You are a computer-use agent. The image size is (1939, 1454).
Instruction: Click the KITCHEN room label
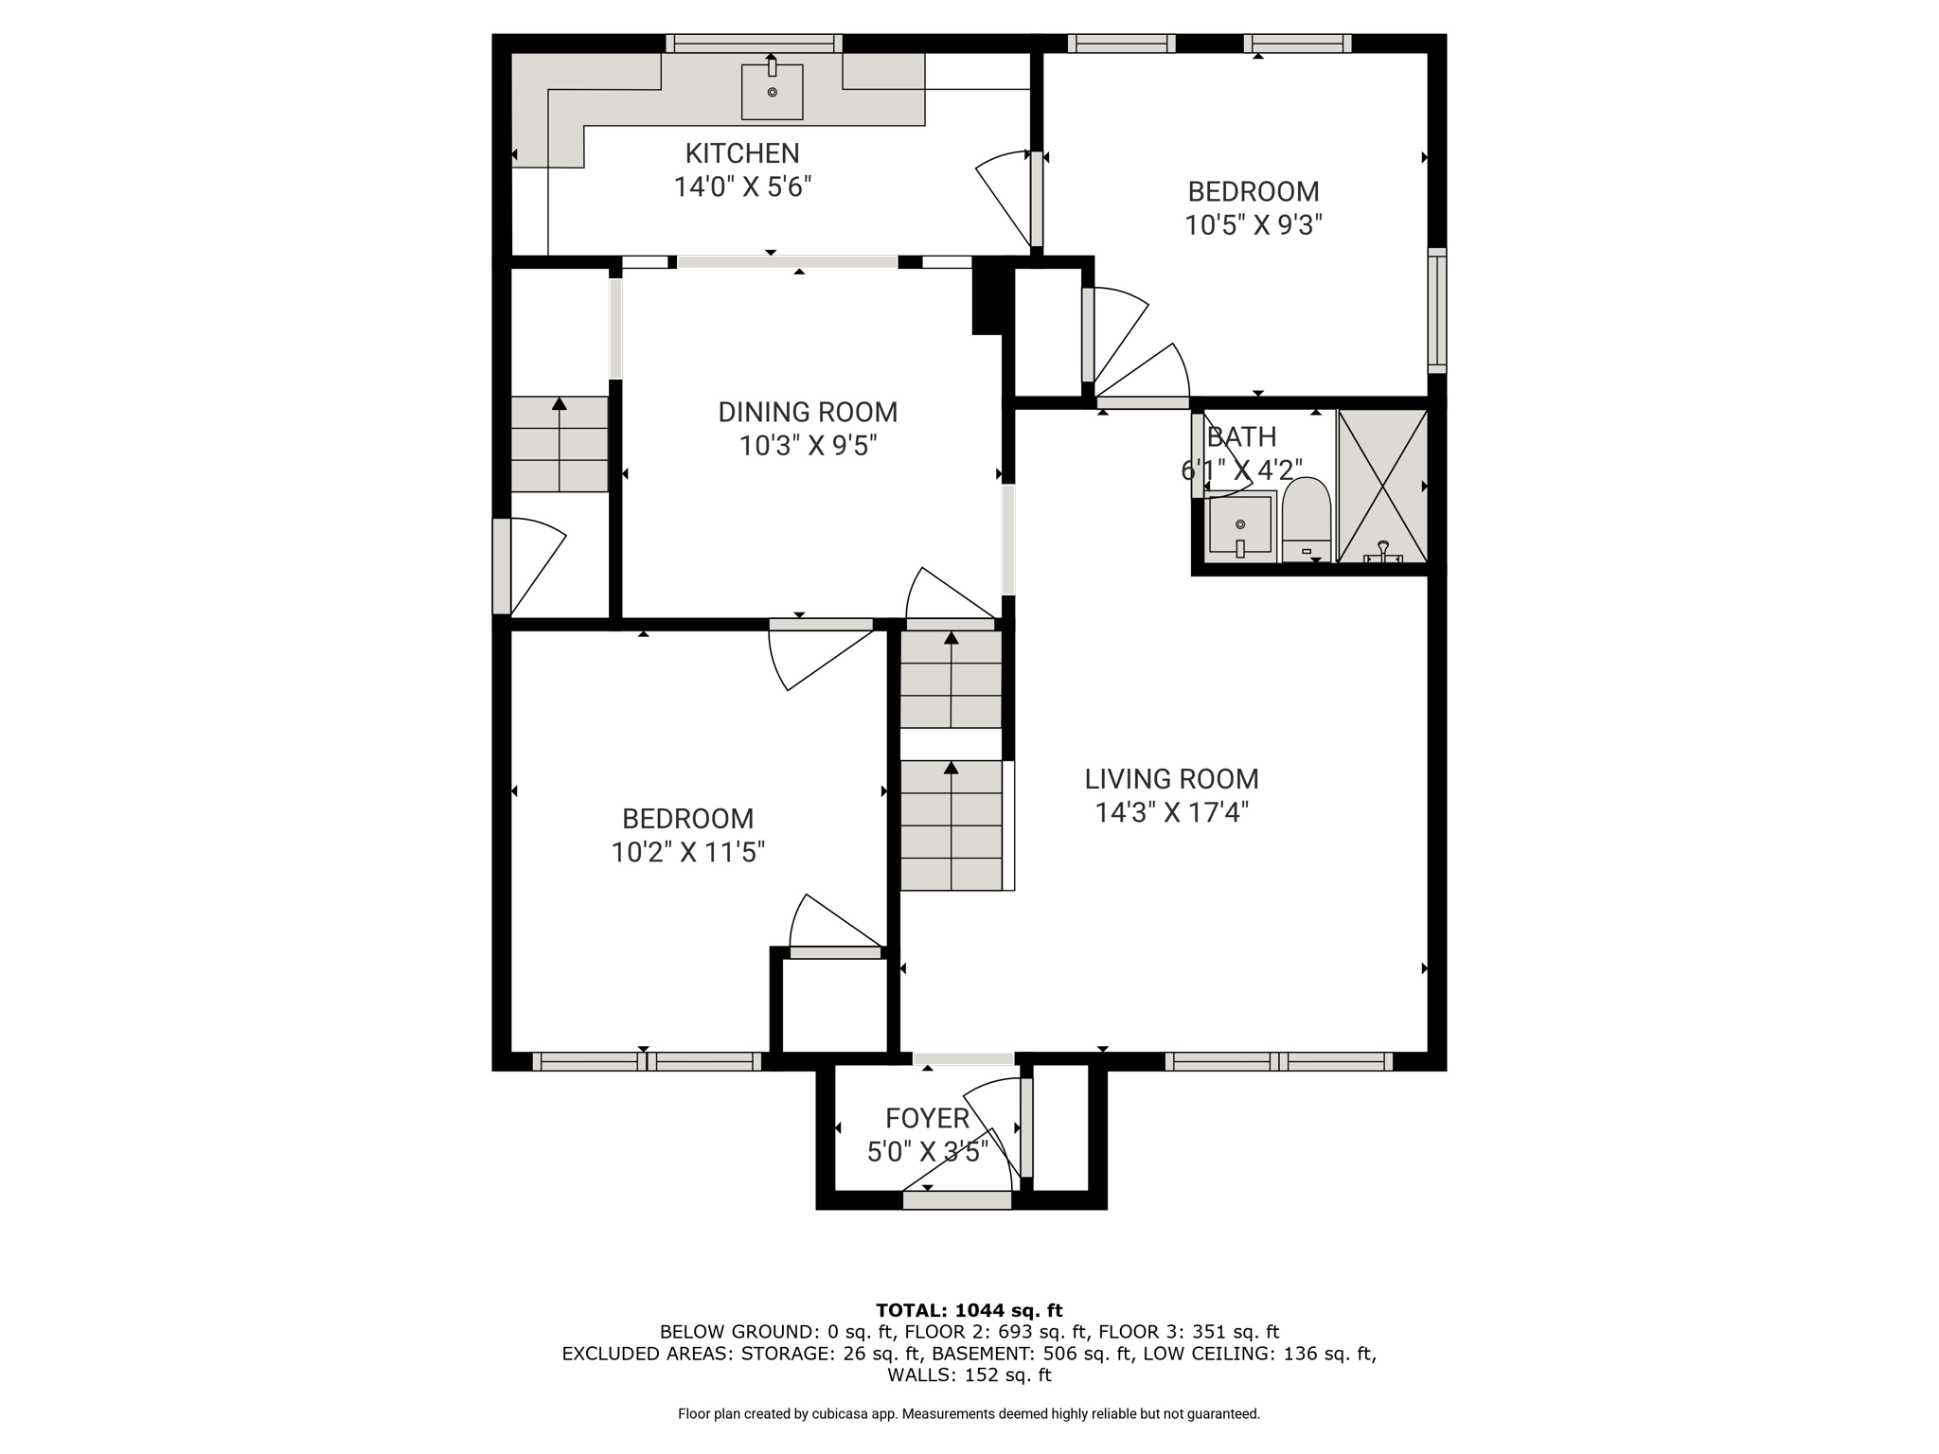tap(742, 153)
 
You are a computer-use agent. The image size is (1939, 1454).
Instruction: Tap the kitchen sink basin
tap(772, 92)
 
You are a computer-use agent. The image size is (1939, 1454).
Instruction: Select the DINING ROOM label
tap(808, 412)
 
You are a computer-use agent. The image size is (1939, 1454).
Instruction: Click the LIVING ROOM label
tap(1171, 779)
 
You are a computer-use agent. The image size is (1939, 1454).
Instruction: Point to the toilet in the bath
tap(1307, 521)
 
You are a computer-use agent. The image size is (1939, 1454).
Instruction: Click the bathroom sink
tap(1240, 525)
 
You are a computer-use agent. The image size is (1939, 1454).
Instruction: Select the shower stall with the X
tap(1382, 487)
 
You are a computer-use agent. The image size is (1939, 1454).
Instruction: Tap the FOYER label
tap(927, 1119)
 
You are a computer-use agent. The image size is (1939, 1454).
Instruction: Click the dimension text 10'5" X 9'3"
tap(1254, 225)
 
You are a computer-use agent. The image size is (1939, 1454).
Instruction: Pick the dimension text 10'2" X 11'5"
tap(688, 853)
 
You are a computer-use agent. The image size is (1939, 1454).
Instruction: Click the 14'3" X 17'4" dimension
tap(1172, 813)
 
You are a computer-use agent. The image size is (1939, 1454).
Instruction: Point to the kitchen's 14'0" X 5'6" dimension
tap(742, 187)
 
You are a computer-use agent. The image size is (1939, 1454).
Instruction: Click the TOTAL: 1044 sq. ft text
tap(969, 1311)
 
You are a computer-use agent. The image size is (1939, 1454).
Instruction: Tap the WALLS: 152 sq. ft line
tap(969, 1375)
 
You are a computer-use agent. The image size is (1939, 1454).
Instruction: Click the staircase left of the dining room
tap(560, 444)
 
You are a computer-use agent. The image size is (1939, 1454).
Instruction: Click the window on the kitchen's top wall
tap(754, 44)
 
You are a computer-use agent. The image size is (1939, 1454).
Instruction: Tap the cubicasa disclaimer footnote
tap(969, 1414)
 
